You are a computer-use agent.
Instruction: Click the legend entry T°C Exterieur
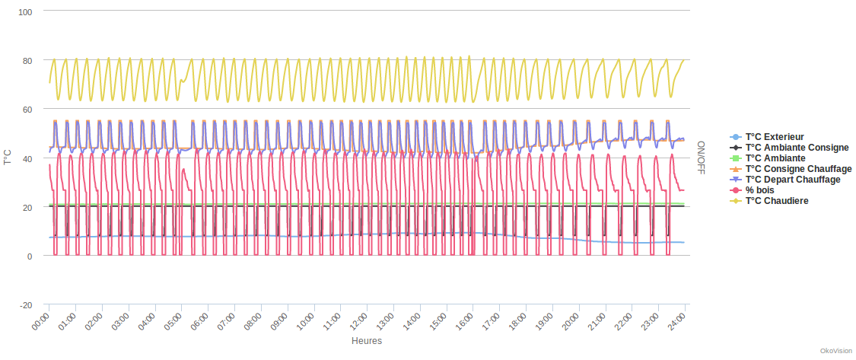tap(775, 137)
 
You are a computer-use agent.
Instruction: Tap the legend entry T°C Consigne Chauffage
tap(798, 169)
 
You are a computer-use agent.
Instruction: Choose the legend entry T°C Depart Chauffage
tap(793, 180)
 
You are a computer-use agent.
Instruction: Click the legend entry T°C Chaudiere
tap(776, 201)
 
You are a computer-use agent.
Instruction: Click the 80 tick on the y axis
tap(27, 61)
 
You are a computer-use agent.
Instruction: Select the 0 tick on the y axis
tap(30, 256)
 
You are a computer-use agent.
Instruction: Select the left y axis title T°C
tap(8, 158)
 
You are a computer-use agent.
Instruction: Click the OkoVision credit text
tap(835, 351)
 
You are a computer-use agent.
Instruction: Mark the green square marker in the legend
tap(734, 158)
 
